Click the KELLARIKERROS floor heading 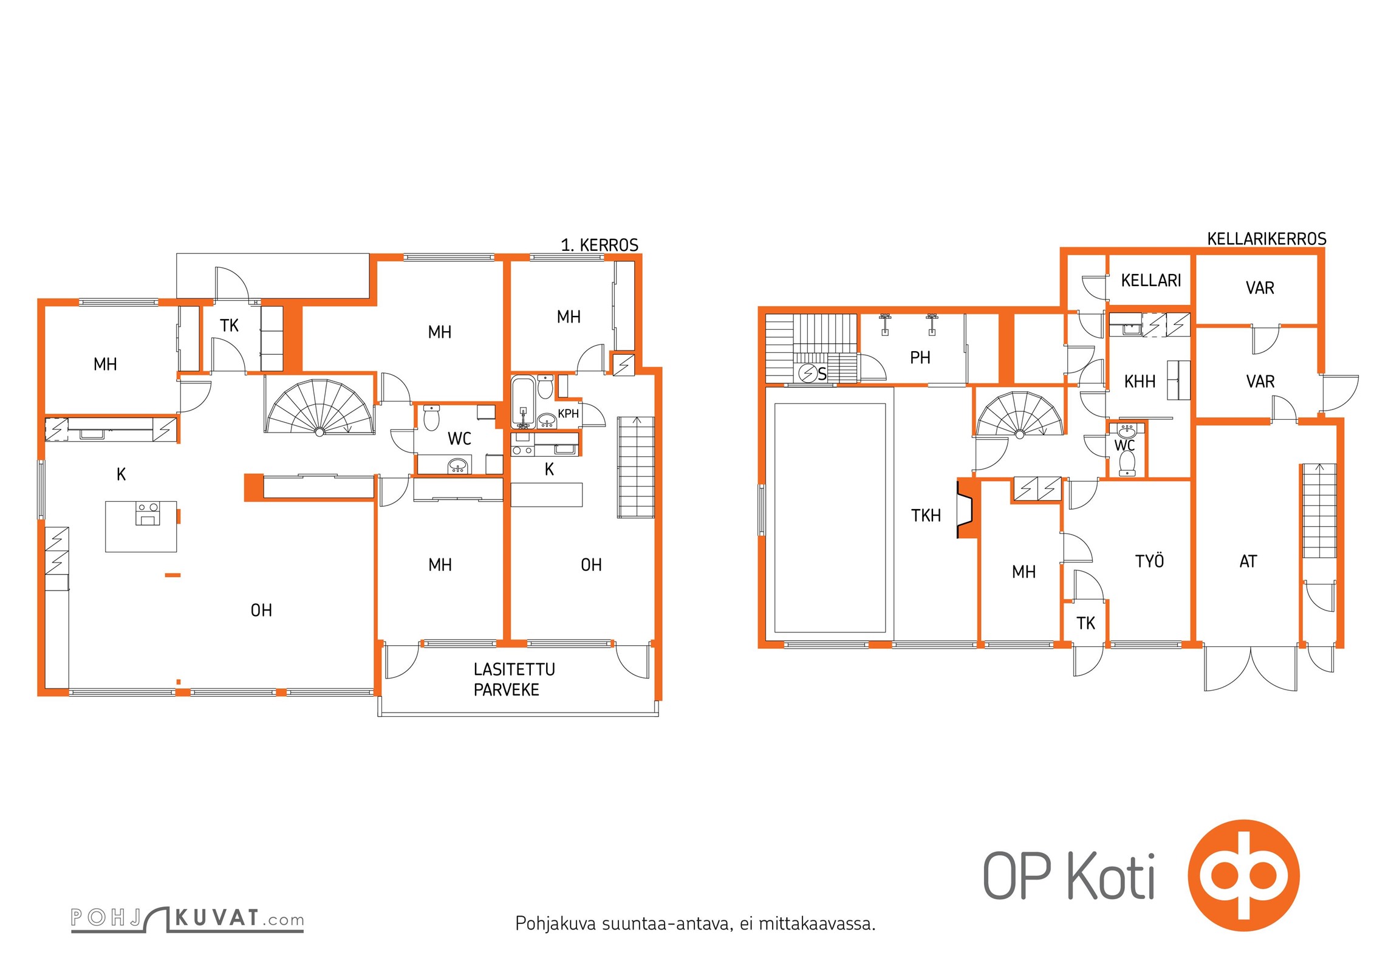[x=1266, y=239]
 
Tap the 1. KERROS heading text [x=600, y=245]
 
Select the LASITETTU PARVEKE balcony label [x=514, y=680]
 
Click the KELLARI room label [x=1151, y=281]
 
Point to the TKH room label [x=926, y=516]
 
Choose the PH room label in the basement [x=920, y=358]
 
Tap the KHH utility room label [x=1140, y=382]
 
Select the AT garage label [x=1248, y=561]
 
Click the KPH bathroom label [x=569, y=414]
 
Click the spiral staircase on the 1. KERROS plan [x=320, y=406]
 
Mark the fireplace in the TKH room [x=966, y=508]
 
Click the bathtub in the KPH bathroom [x=523, y=402]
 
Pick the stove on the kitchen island [x=147, y=513]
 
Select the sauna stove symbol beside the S [x=807, y=373]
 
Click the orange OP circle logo [x=1243, y=875]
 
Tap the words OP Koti [x=1068, y=875]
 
